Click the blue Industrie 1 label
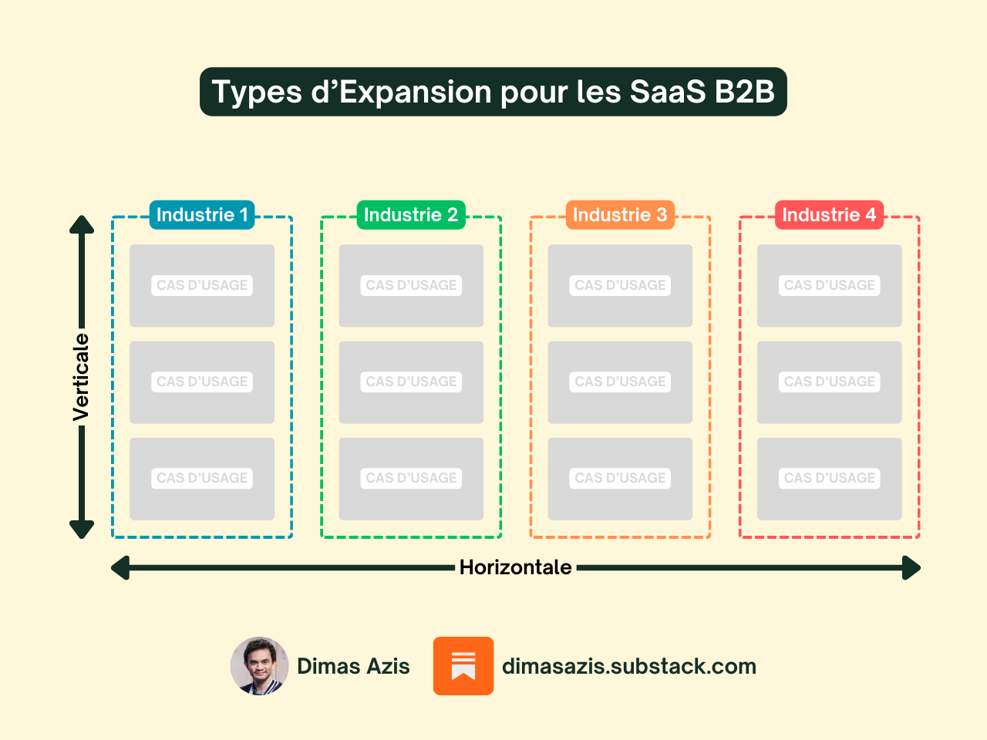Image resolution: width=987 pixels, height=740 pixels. coord(202,215)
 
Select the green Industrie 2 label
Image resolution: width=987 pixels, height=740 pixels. coord(411,215)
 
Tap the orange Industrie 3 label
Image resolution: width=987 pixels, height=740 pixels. coord(620,215)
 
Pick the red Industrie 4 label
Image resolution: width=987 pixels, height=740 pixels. coord(829,215)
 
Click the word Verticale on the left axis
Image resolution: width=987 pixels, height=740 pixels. coord(81,377)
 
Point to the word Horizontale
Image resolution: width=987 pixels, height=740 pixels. coord(515,568)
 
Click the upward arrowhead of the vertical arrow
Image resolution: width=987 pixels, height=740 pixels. coord(82,224)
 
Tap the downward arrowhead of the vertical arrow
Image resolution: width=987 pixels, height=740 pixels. coord(82,530)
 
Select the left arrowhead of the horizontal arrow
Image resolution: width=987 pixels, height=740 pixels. coord(120,569)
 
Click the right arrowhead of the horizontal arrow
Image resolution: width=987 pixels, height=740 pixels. coord(912,569)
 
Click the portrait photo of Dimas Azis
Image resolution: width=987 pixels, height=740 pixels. coord(260,666)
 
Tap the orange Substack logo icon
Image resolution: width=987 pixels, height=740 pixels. coord(463,666)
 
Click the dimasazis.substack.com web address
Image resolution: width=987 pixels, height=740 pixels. coord(629,667)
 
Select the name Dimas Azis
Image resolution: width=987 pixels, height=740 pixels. coord(353,667)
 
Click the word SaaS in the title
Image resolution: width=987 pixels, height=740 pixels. coord(667,92)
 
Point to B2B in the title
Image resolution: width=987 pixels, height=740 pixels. coord(744,92)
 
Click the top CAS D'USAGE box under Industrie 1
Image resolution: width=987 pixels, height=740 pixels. coord(202,285)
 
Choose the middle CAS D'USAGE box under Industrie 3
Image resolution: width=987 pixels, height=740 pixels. coord(620,382)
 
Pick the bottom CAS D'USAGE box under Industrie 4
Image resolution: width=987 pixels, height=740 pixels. coord(829,479)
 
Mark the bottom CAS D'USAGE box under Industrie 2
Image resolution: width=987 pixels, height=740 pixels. coord(411,479)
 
